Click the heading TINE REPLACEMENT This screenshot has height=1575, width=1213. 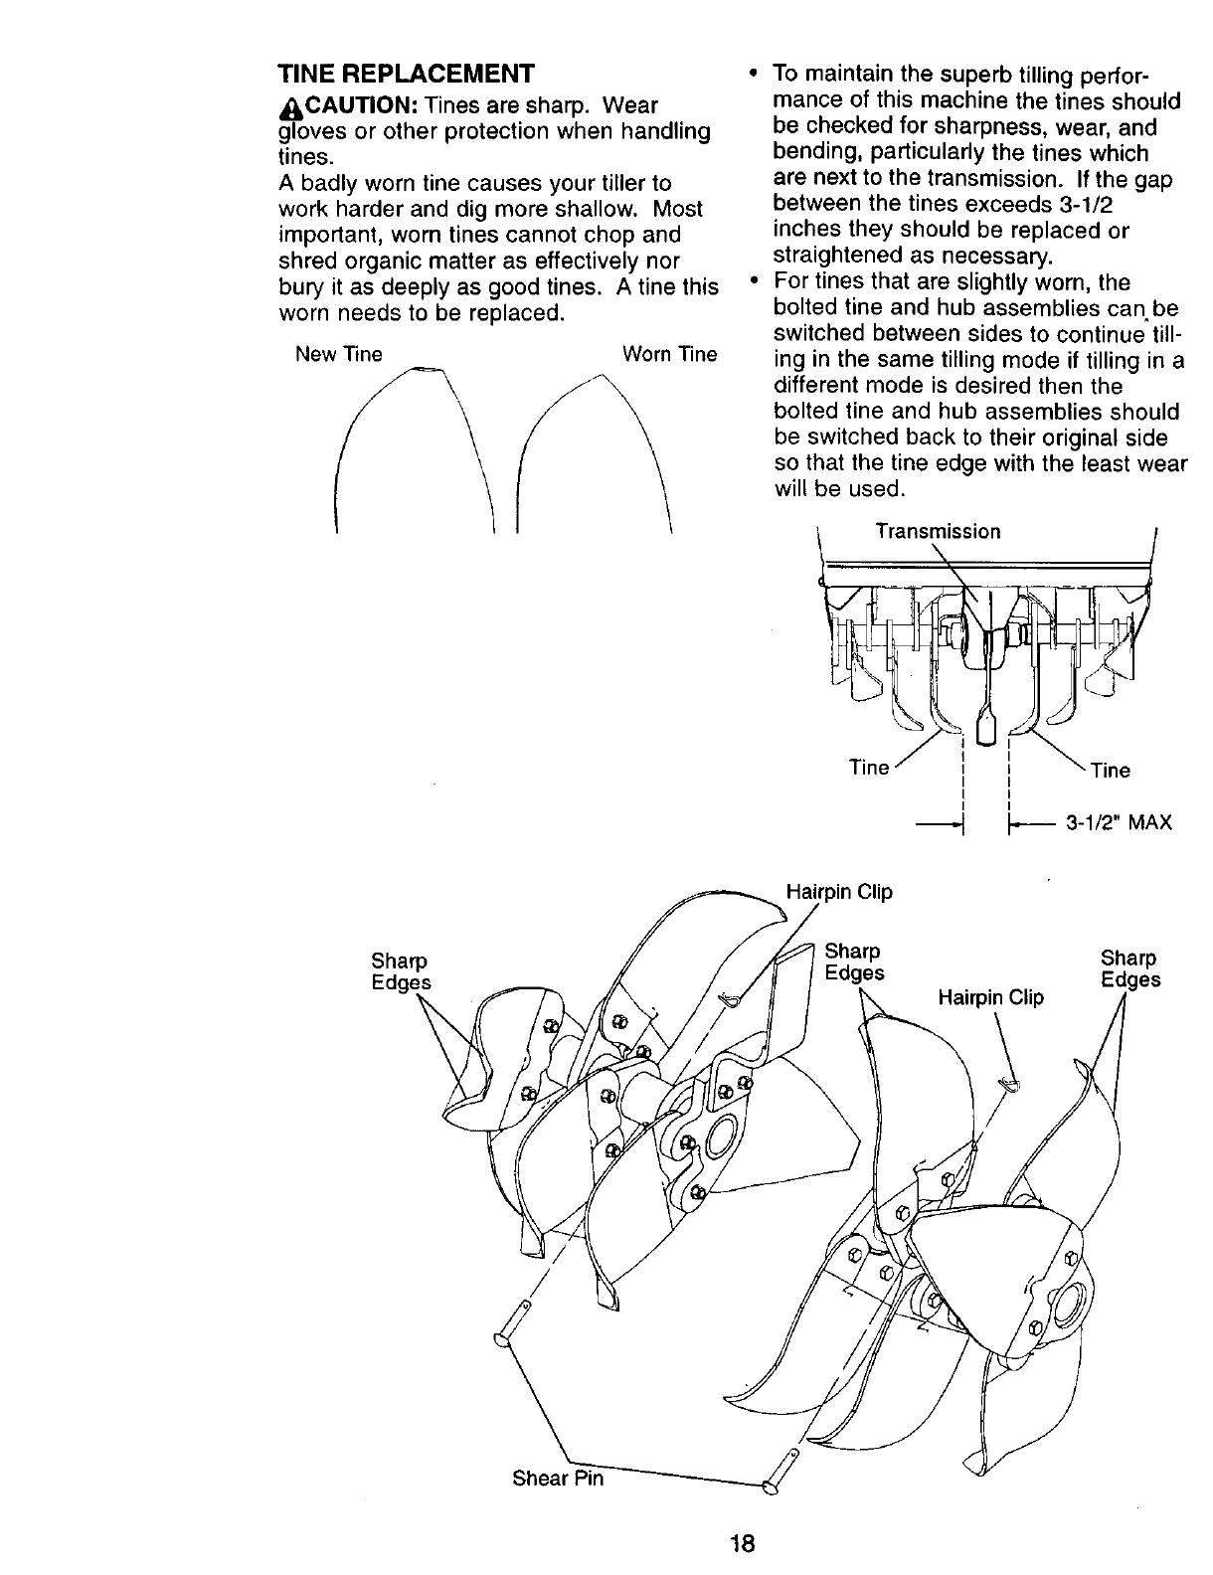406,74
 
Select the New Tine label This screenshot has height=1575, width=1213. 338,355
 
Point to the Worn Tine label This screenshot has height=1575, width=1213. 669,355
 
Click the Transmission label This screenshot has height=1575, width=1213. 938,531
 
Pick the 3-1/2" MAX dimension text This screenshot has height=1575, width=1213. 1119,823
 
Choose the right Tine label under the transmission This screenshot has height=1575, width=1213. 1111,770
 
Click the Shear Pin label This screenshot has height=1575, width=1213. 557,1478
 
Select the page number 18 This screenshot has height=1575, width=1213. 743,1544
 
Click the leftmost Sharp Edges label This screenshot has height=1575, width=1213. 401,971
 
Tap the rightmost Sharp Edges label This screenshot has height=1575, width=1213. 1129,969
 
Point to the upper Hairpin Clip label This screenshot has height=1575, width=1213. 839,892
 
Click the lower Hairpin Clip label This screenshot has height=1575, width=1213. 990,997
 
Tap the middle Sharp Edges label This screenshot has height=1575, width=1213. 854,962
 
